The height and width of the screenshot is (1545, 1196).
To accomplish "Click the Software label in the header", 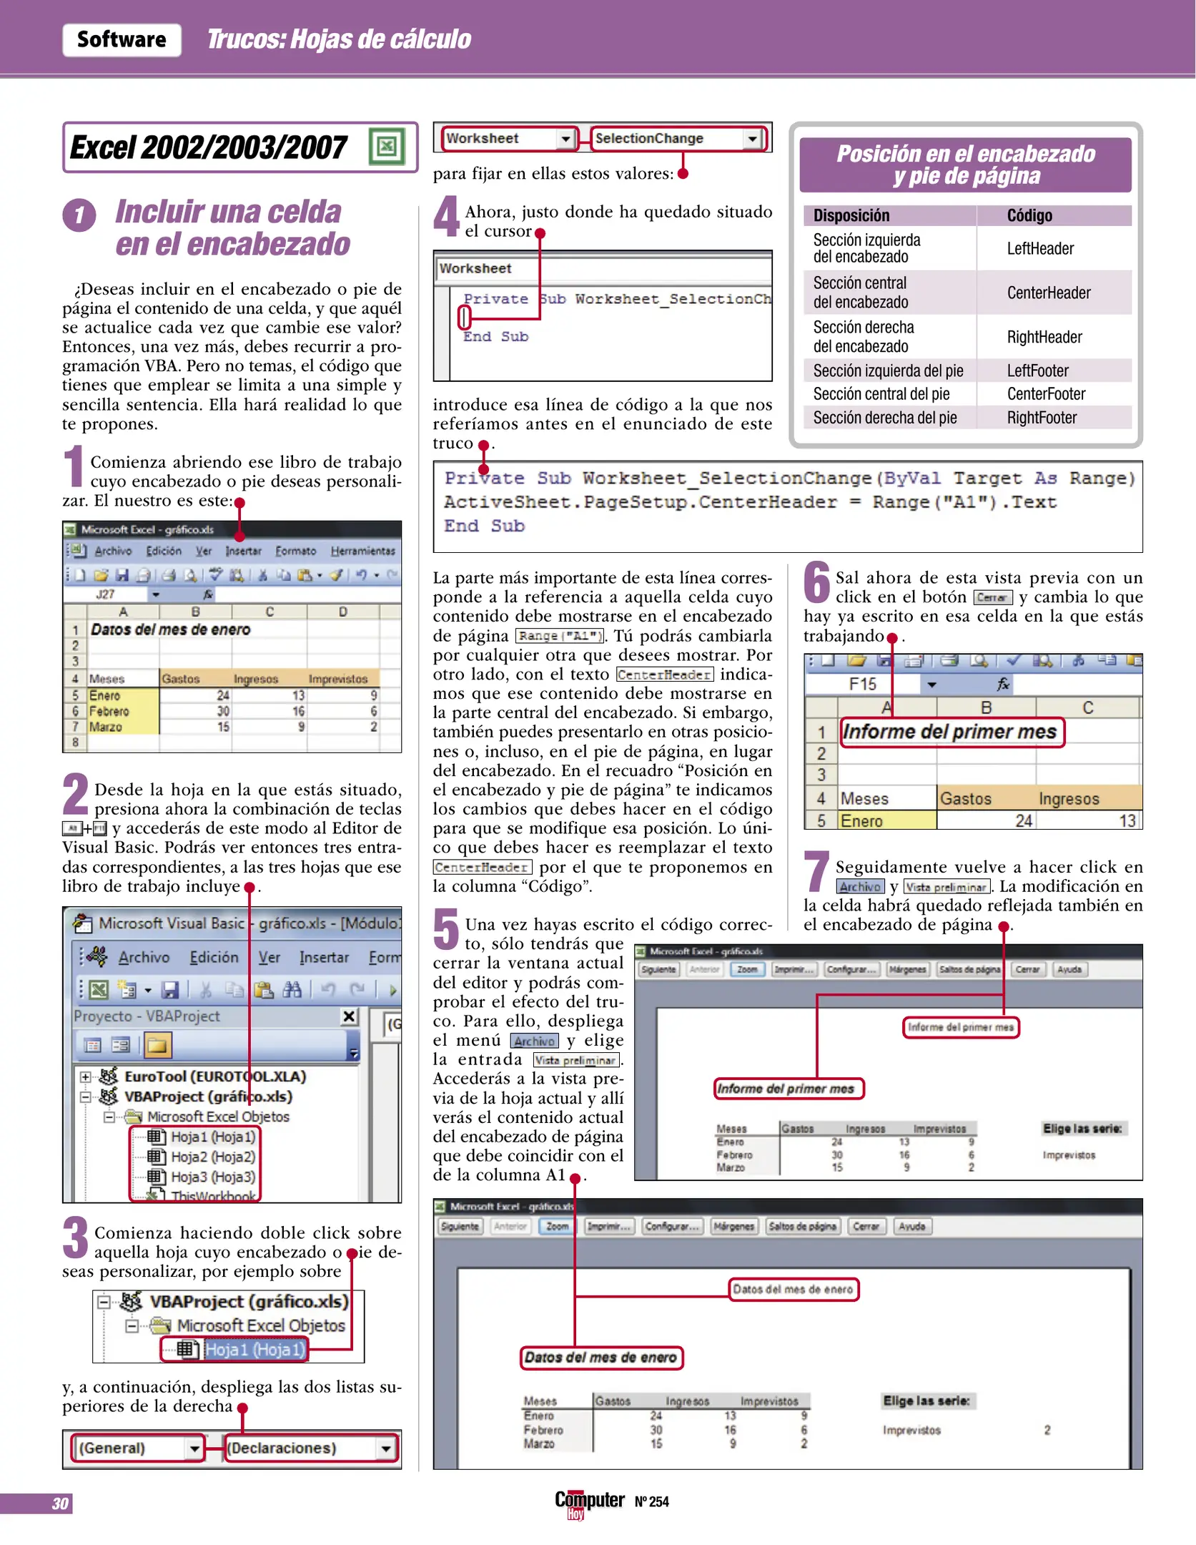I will tap(122, 39).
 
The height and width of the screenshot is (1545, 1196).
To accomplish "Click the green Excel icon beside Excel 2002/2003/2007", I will tap(387, 147).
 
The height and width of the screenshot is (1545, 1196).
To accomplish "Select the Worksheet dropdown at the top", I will tap(508, 138).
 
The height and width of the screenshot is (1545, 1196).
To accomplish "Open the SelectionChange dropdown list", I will tap(751, 139).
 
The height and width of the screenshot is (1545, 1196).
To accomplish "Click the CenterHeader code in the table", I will tap(1048, 293).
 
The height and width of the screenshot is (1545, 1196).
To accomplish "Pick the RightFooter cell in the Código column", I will tap(1041, 418).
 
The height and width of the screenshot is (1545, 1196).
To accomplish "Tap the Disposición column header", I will tap(851, 215).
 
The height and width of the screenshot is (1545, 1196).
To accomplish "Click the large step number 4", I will tap(447, 217).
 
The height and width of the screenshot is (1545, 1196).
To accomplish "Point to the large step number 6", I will tap(816, 583).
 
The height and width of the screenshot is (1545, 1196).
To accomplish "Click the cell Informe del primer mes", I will tap(950, 732).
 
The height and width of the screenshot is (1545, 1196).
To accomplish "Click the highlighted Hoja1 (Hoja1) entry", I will tap(254, 1350).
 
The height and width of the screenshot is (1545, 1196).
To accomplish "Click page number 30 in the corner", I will tap(60, 1503).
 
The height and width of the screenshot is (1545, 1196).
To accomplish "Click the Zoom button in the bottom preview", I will tap(557, 1226).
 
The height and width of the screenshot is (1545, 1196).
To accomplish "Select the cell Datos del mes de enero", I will tap(170, 629).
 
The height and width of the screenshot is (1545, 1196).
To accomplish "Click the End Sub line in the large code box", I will tap(484, 526).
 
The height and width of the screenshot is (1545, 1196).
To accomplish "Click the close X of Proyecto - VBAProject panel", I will tap(349, 1016).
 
